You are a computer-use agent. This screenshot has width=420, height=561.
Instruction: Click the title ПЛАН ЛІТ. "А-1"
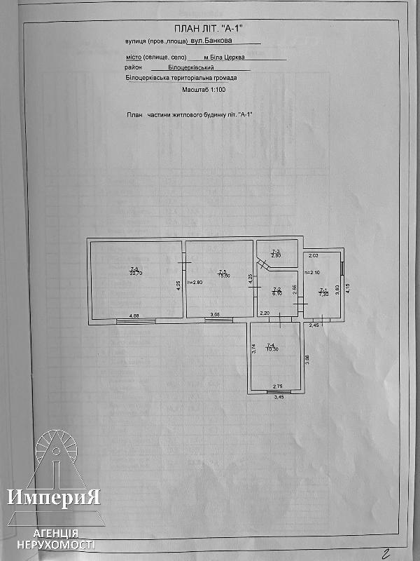point(209,29)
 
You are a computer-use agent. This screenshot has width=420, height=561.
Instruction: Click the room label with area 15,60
point(223,274)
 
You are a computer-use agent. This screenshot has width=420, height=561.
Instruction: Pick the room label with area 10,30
point(272,347)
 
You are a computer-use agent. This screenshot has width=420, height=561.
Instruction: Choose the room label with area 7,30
point(323,292)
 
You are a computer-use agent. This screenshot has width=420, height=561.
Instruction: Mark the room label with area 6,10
point(276,292)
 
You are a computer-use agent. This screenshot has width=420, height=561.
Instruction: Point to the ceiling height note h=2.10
point(312,273)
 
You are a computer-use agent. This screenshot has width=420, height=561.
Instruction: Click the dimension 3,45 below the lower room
point(279,398)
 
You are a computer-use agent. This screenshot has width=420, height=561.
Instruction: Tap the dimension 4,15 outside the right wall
point(348,287)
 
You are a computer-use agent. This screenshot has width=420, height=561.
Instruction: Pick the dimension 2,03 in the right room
point(314,256)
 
